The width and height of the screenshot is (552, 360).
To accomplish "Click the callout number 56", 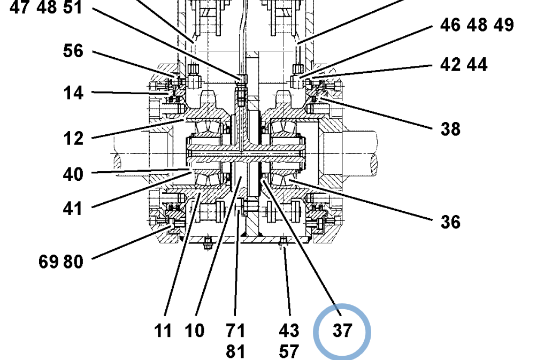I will click(x=73, y=51).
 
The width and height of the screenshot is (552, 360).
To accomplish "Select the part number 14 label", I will click(x=73, y=93).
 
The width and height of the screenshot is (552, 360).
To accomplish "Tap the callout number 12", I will click(x=73, y=139).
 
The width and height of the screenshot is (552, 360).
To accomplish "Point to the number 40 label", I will click(x=73, y=174).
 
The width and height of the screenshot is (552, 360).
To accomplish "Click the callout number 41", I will click(x=73, y=208).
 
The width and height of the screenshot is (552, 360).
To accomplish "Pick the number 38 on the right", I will click(x=450, y=129).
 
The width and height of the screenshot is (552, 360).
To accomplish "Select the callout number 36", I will click(x=450, y=221).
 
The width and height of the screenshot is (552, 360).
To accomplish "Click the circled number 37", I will click(x=342, y=331).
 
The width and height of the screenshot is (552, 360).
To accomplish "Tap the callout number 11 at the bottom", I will click(x=163, y=331).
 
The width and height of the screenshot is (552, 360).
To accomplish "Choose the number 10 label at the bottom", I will click(x=195, y=331).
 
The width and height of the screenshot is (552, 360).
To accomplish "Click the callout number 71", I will click(x=235, y=331).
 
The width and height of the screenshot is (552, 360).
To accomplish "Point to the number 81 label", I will click(x=235, y=351).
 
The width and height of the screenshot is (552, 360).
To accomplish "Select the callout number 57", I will click(x=289, y=351).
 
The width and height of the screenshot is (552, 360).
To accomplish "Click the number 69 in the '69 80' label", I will click(x=49, y=262).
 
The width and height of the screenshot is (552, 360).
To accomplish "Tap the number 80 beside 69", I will click(x=74, y=262).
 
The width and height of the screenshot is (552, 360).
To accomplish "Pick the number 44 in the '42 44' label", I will click(x=477, y=65).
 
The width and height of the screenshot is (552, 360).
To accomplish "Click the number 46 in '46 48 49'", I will click(x=450, y=25).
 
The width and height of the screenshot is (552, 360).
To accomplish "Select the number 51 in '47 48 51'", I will click(x=72, y=8).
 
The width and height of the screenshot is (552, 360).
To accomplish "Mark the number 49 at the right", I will click(x=503, y=25).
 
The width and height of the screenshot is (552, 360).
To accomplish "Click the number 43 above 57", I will click(x=289, y=331).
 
